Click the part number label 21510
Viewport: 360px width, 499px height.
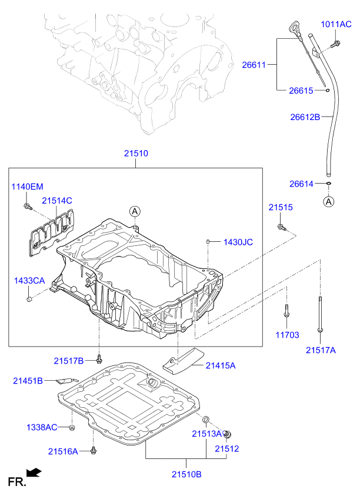135,154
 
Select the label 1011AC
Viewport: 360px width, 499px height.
336,24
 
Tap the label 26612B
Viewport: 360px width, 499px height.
305,117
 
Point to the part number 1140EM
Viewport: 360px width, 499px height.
28,187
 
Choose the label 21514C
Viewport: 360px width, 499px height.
56,201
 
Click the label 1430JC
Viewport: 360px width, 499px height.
238,242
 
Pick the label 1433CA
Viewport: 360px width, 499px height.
29,281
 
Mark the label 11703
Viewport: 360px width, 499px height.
286,335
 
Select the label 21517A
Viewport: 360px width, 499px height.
321,350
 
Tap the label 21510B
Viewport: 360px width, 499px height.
186,474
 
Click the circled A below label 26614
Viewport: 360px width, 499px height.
328,202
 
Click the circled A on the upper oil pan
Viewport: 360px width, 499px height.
135,211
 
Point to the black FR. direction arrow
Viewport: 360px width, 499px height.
35,471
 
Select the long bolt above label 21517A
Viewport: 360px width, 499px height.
320,314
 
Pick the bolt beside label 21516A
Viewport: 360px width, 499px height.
94,451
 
